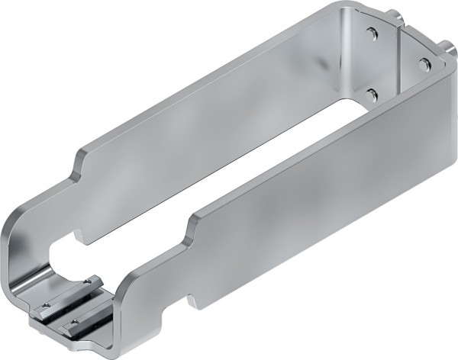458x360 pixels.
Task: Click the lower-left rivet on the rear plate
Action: pos(372,93)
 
